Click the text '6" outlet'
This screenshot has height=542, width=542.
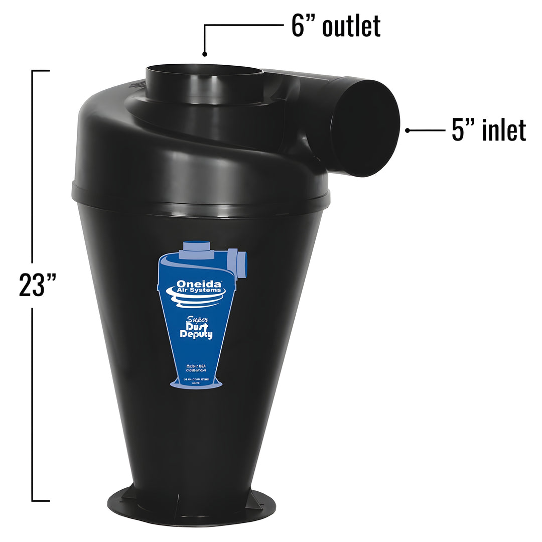pos(336,26)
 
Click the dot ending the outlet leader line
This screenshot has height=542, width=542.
pos(204,53)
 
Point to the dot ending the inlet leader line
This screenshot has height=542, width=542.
pos(408,130)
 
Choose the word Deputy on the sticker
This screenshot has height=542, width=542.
pos(197,335)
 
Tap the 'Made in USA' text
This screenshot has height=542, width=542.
pos(196,366)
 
